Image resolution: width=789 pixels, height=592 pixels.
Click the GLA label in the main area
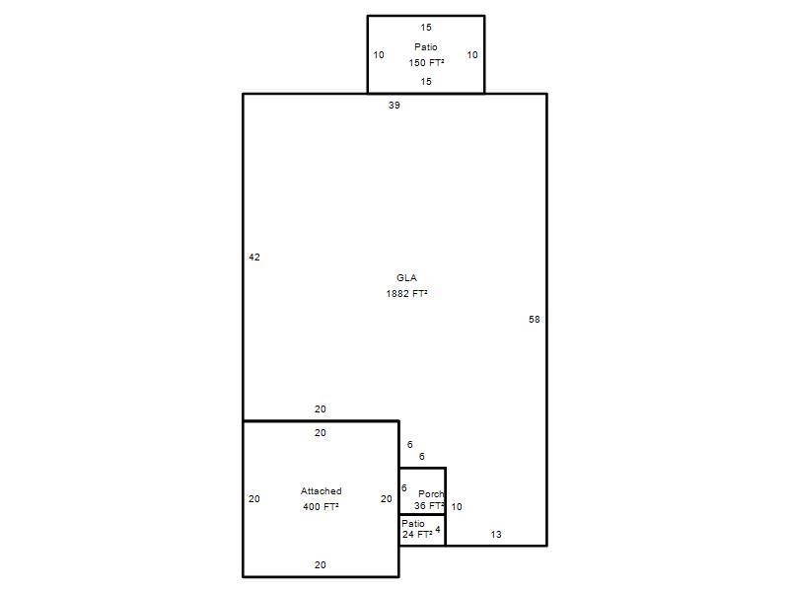[x=406, y=278]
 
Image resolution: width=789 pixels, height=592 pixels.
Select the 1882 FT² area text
[x=406, y=293]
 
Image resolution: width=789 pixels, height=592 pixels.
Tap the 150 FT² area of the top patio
[x=426, y=62]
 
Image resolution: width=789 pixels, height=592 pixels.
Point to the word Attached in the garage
[x=322, y=490]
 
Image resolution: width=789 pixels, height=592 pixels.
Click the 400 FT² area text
[x=321, y=506]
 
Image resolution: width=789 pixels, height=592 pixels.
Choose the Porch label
[x=431, y=494]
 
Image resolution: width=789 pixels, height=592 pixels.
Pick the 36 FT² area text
[x=429, y=505]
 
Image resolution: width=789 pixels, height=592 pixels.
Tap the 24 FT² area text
[x=417, y=534]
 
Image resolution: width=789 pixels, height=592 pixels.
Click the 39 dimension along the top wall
[x=394, y=106]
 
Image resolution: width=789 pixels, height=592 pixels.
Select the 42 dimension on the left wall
[x=254, y=258]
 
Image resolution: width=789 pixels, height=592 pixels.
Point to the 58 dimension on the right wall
[x=534, y=319]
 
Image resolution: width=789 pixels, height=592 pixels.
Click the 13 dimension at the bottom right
[x=496, y=535]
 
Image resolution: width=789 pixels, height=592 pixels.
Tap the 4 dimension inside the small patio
[x=438, y=529]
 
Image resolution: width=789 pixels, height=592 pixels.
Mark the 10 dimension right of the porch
[x=457, y=507]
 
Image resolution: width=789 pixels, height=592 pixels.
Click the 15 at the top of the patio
[x=426, y=28]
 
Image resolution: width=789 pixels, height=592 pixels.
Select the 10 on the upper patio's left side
[x=379, y=55]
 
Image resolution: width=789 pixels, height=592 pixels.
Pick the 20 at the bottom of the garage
[x=320, y=564]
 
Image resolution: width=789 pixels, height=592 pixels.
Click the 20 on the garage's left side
[x=254, y=499]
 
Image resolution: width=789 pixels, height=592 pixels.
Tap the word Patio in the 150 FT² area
[x=426, y=46]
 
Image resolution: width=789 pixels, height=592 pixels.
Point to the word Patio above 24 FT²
[x=413, y=524]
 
